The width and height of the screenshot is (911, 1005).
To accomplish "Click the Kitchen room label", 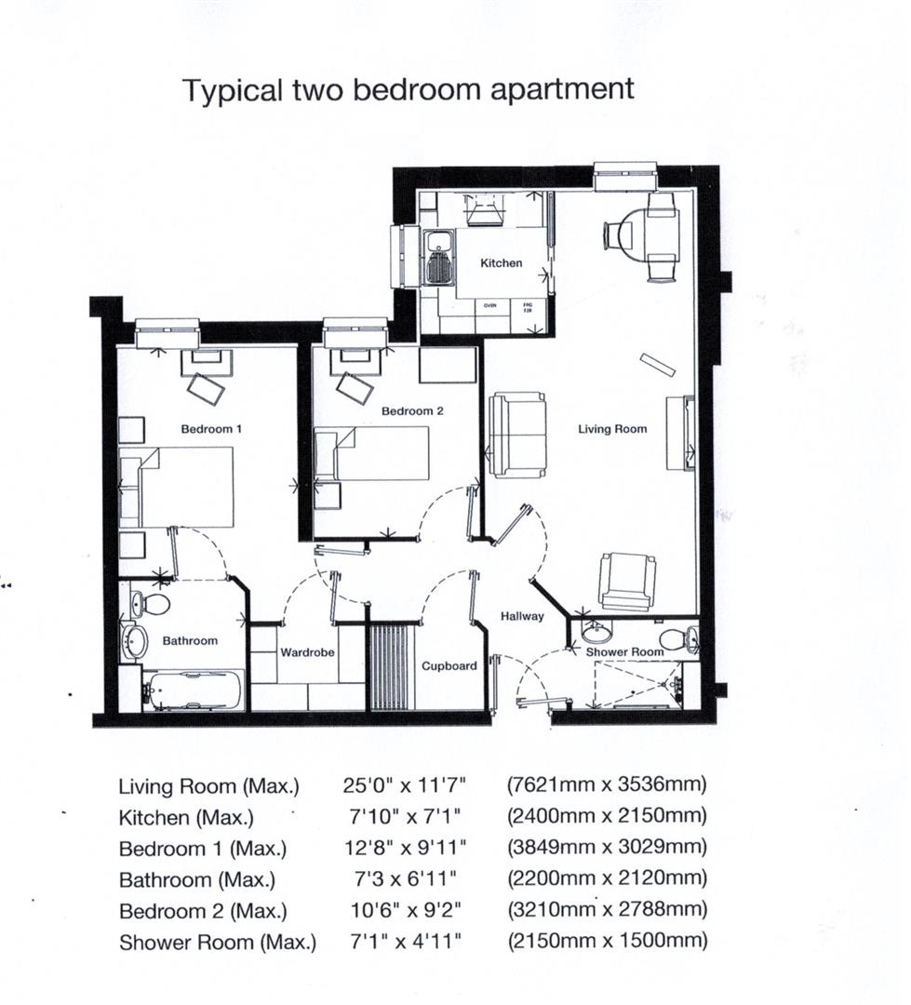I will pos(501,263).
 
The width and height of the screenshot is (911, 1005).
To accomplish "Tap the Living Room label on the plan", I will pos(611,429).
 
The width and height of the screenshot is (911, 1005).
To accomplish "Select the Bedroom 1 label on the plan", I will pos(211,429).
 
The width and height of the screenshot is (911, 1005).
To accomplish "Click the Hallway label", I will pos(522,616).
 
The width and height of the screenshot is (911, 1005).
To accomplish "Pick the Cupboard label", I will pos(449,666).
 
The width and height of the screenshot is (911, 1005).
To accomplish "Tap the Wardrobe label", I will pos(307,652).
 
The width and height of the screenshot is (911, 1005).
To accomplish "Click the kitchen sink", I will pos(436,258).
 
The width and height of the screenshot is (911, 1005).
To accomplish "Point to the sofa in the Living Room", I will pos(517,435).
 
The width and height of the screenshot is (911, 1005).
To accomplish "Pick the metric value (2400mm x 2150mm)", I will pos(607,816).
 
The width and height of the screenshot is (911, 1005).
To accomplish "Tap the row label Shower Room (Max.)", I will pos(217,942).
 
